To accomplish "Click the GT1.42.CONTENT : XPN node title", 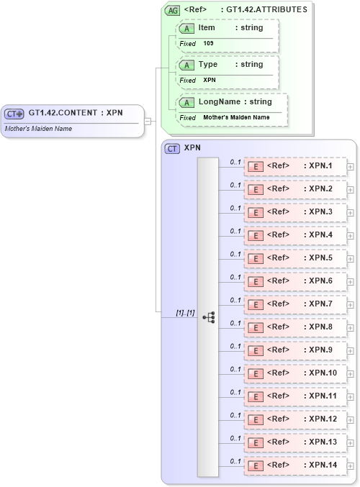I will pos(75,113).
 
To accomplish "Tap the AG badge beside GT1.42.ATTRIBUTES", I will pos(173,10).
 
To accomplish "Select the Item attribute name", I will pos(207,27).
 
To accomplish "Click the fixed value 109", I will pos(208,43).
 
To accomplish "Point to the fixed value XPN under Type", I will pos(210,80).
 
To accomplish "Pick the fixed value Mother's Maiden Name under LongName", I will pos(236,117).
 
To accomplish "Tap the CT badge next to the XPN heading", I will pos(173,149).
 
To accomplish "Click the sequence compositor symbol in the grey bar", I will pos(209,317).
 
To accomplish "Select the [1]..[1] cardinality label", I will pos(185,312).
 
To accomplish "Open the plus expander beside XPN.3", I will pos(351,212).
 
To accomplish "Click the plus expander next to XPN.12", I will pos(351,419).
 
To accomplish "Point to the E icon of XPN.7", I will pos(255,304).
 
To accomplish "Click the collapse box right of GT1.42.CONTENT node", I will pos(148,121).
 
